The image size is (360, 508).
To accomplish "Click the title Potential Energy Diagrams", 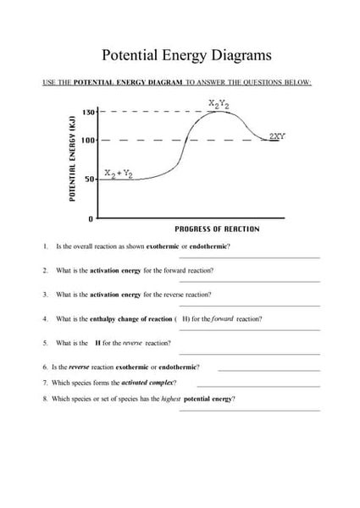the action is click(186, 55).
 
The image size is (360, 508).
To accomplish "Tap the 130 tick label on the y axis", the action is click(88, 112).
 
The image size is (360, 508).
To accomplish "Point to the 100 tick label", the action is click(88, 140).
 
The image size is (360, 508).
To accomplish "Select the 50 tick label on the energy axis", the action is click(90, 179).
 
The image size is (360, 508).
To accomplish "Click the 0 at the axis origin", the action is click(91, 219).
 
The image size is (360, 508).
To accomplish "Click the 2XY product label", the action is click(276, 135).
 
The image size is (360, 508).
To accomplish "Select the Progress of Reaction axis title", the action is click(217, 229).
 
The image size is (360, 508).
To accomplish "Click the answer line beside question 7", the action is click(270, 385).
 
